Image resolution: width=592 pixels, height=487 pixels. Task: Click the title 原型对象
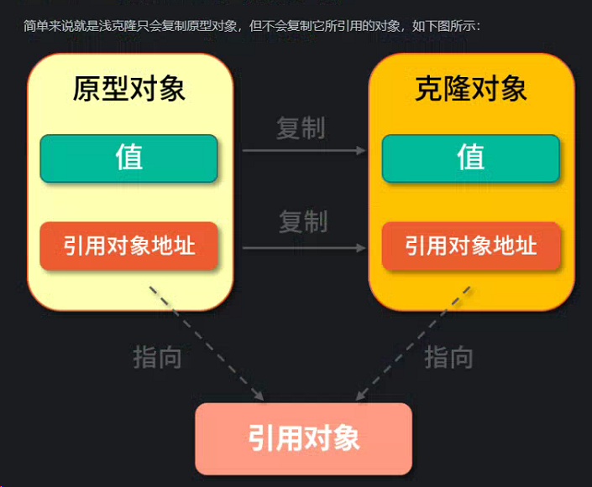129,89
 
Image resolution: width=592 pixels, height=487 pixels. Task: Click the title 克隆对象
471,89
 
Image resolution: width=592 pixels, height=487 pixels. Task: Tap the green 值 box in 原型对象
129,158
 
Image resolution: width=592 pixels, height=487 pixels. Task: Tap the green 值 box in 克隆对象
471,158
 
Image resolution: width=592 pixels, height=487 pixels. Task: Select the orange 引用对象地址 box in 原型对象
129,246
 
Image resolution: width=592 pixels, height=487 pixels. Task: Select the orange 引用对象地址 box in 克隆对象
471,246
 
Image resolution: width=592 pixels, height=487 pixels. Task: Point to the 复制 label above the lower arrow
303,222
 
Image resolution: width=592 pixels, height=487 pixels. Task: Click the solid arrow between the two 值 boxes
304,151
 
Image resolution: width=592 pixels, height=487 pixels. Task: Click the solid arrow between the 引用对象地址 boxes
304,248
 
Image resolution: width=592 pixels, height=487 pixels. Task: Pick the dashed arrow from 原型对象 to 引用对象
206,341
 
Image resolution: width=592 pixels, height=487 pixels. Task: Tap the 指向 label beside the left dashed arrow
157,358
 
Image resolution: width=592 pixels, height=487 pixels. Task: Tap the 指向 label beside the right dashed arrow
448,358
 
